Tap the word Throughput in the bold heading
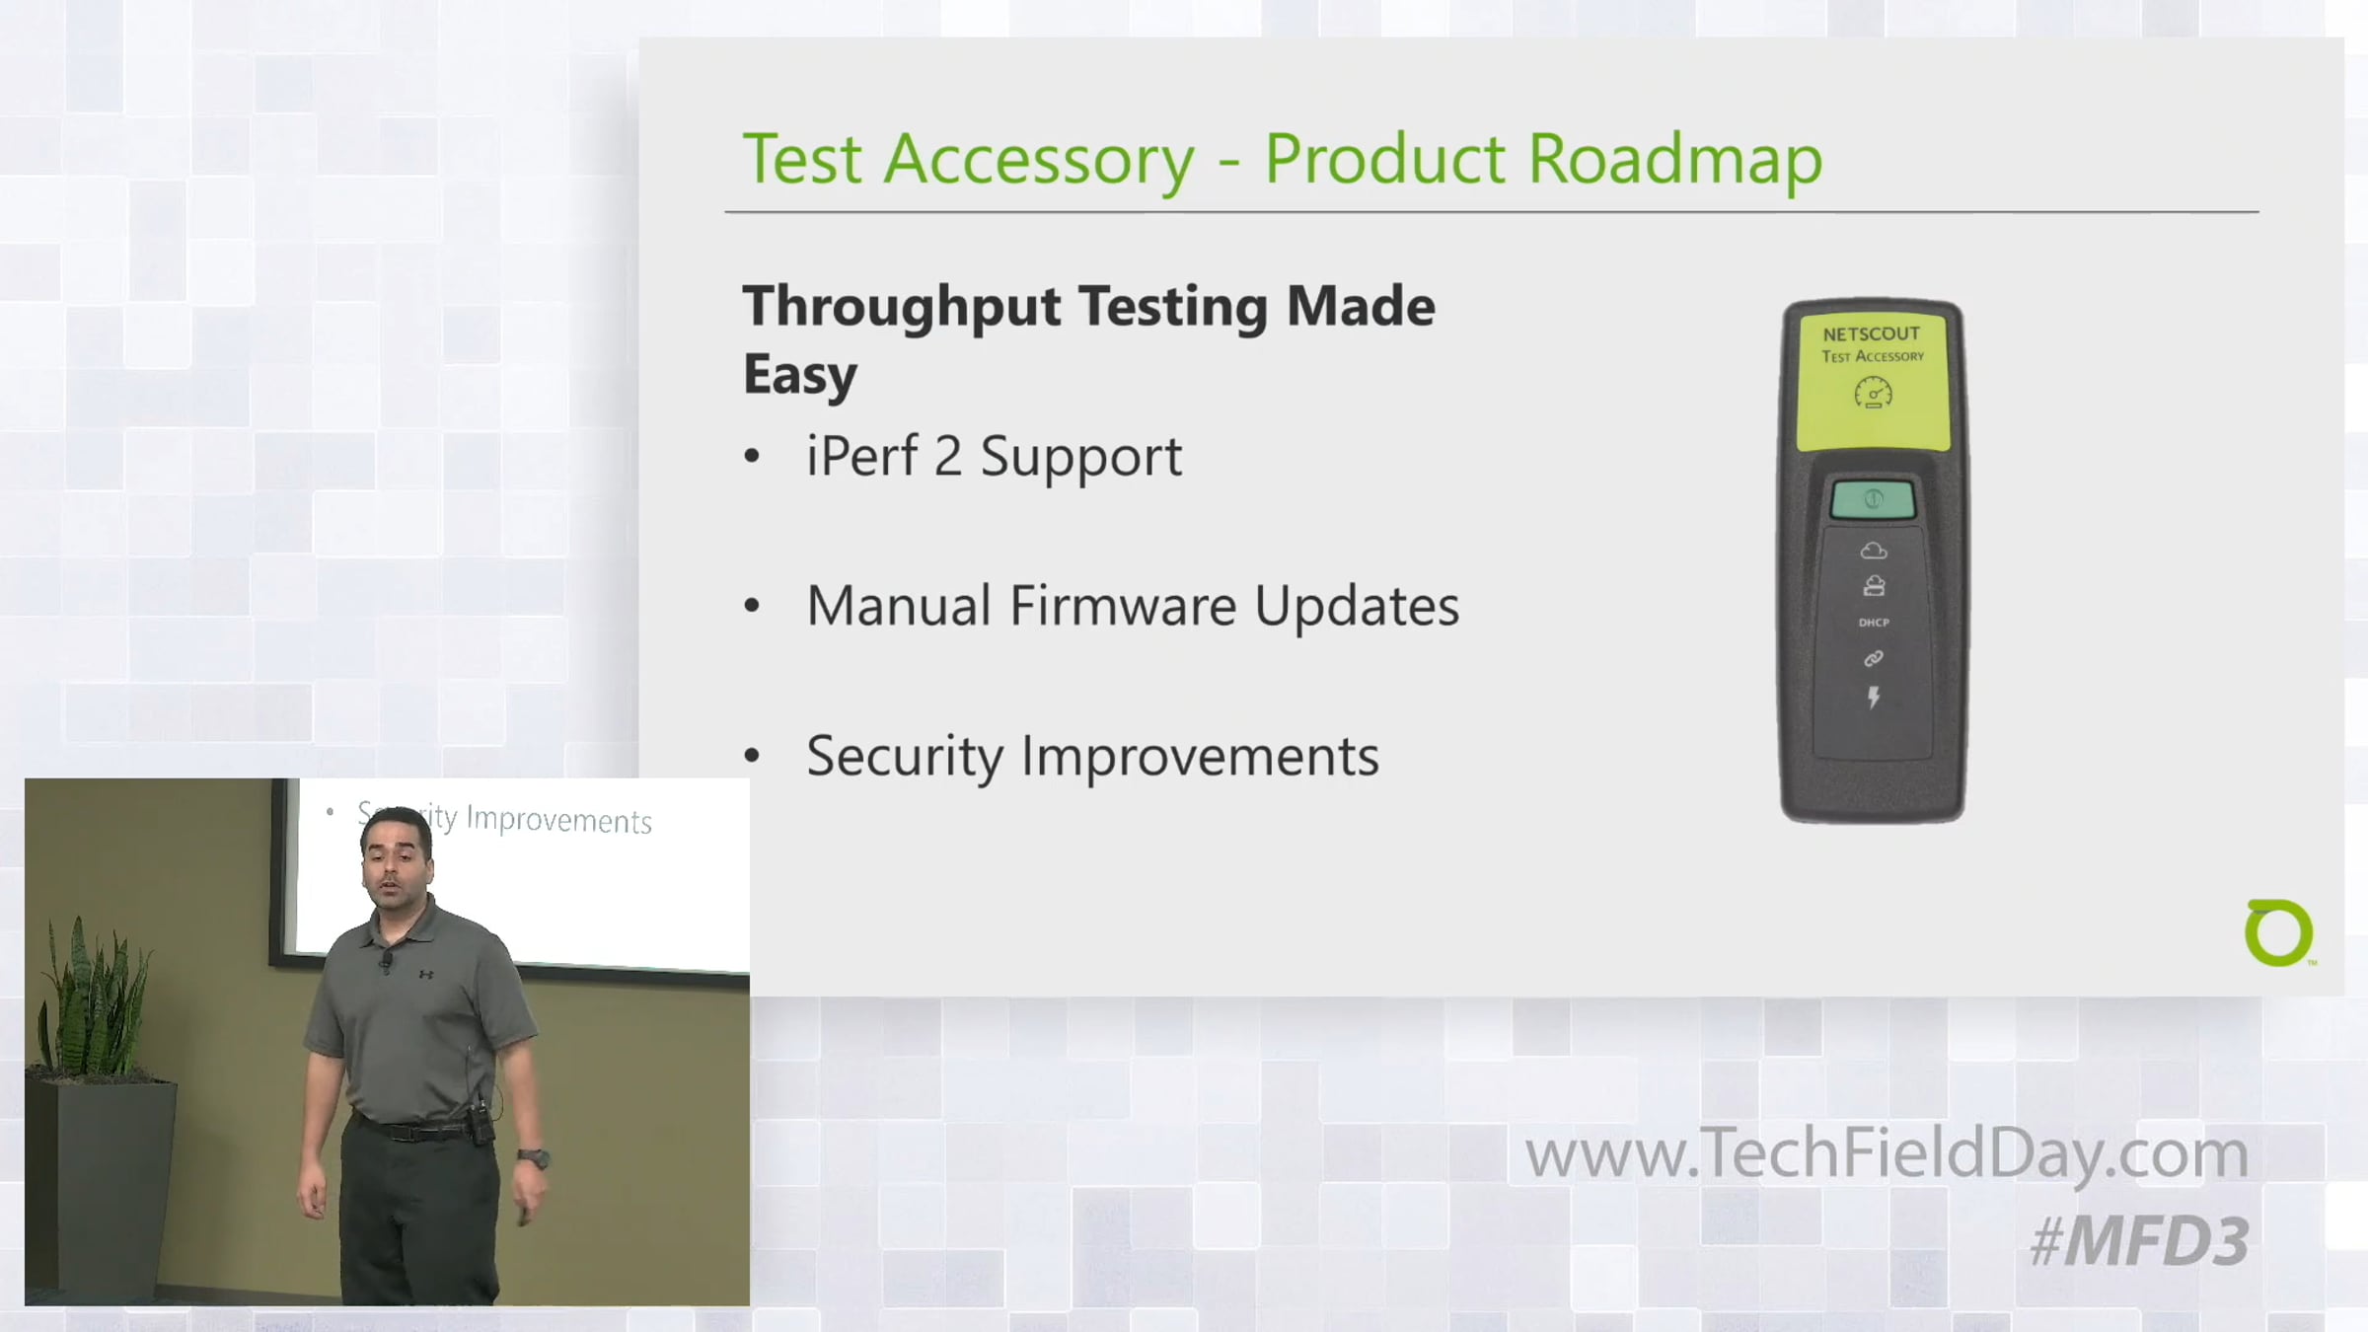pos(902,307)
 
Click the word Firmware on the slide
pos(1122,605)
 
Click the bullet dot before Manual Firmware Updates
pos(753,606)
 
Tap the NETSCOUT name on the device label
pos(1872,333)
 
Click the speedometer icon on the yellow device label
pos(1873,394)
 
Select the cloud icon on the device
pos(1874,551)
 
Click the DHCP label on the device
pos(1874,623)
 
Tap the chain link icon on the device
pos(1874,658)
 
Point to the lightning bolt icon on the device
pos(1874,698)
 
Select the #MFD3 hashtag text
pos(2139,1241)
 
